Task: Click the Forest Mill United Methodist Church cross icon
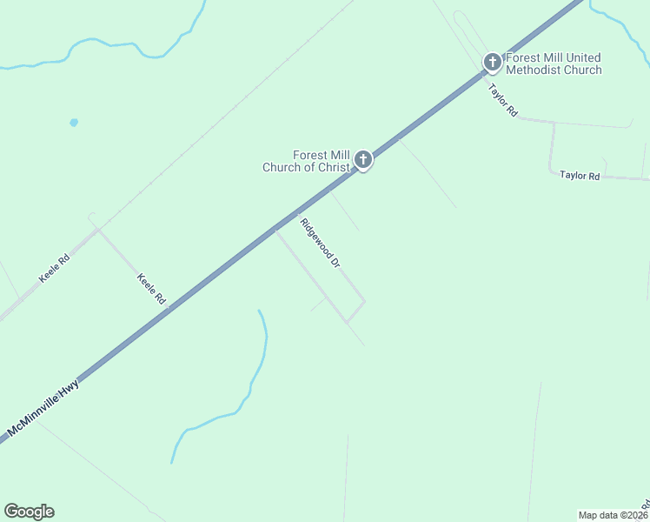coord(492,62)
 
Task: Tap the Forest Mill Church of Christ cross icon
coord(363,159)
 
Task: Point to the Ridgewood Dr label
coord(319,242)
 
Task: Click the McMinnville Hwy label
coord(43,407)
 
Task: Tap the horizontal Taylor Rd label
coord(580,175)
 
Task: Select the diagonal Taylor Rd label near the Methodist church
coord(502,100)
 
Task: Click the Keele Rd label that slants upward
coord(54,268)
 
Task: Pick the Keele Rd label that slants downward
coord(151,288)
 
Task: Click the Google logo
coord(29,512)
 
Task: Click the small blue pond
coord(74,123)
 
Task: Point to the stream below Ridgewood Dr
coord(252,383)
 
